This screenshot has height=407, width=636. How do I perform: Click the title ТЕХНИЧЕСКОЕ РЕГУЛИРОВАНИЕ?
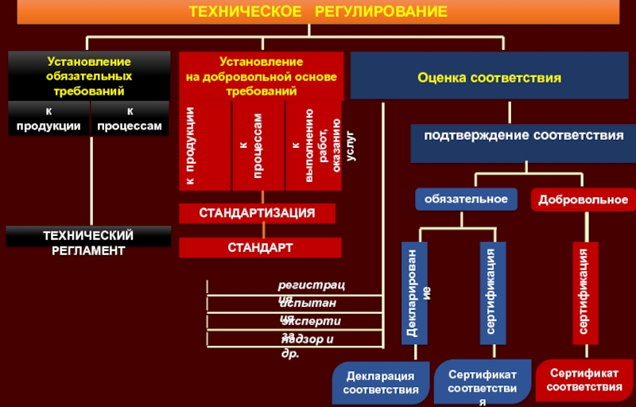click(x=318, y=12)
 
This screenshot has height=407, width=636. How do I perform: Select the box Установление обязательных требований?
click(x=89, y=76)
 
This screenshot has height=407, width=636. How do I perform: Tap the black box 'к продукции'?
click(x=48, y=119)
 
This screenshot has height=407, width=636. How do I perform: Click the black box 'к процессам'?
click(x=130, y=119)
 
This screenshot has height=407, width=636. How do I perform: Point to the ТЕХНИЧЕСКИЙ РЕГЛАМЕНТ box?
click(x=89, y=242)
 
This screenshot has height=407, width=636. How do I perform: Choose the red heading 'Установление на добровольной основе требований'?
click(x=261, y=76)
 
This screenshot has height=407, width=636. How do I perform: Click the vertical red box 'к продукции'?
click(x=205, y=146)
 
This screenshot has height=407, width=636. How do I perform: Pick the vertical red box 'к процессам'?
click(x=258, y=146)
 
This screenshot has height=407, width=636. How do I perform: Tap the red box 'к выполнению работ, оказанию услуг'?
click(x=313, y=146)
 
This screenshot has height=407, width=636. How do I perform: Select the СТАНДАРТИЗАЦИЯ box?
click(x=257, y=213)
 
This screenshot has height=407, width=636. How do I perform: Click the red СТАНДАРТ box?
click(x=260, y=247)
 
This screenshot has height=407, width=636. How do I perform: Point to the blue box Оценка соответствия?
click(x=490, y=78)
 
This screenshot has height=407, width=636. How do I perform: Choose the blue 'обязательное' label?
click(x=466, y=199)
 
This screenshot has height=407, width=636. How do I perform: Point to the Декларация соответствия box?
click(x=381, y=382)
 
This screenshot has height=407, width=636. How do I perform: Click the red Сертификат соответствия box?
click(x=584, y=380)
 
